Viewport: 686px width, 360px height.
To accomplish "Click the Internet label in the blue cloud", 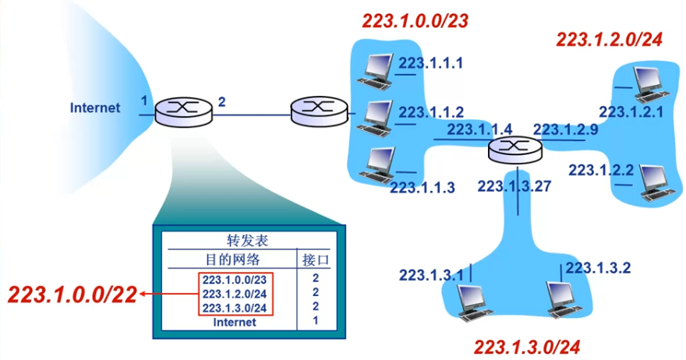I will click(x=95, y=108).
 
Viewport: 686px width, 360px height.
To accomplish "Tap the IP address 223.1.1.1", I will click(x=431, y=62).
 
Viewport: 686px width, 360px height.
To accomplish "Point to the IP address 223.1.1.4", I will click(x=479, y=129).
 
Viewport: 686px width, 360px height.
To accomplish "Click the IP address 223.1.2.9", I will click(x=565, y=129).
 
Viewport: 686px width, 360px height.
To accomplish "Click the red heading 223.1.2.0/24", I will click(x=609, y=39).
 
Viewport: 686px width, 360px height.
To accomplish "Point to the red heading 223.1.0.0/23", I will click(x=415, y=21).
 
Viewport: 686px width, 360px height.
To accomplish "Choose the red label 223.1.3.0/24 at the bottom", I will click(x=527, y=345).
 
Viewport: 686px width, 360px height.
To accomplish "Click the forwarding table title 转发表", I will click(x=246, y=242).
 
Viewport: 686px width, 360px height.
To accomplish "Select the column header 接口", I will click(x=315, y=259).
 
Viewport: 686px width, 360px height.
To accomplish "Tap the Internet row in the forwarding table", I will click(x=235, y=321).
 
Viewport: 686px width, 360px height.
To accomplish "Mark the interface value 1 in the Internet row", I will click(x=316, y=321).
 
